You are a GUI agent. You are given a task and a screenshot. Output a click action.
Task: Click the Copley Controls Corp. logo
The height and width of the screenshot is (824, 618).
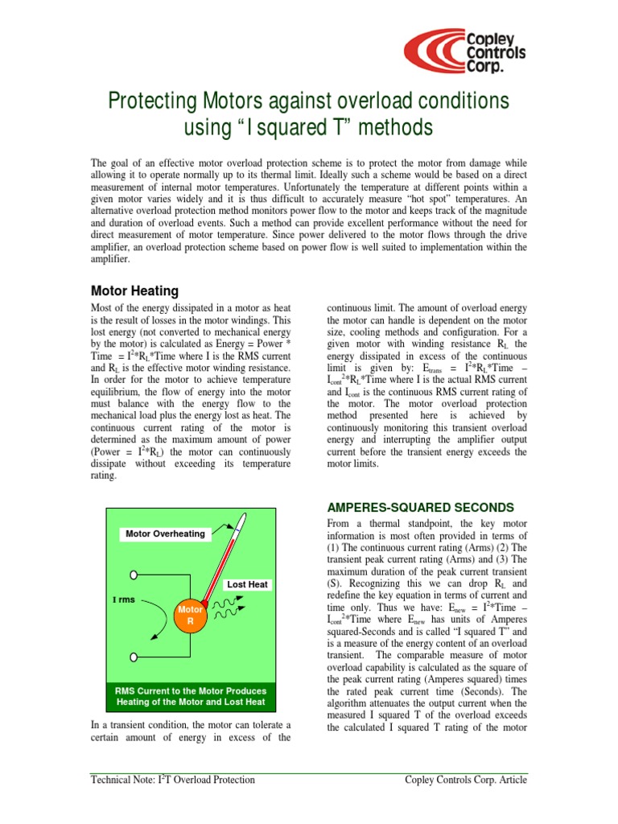(466, 49)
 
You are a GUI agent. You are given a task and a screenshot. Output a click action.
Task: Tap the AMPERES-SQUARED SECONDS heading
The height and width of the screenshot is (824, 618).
(419, 507)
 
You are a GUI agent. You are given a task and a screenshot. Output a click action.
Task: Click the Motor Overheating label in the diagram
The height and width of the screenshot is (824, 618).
(165, 534)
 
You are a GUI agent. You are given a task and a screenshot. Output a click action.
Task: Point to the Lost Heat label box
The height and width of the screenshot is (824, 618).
(247, 585)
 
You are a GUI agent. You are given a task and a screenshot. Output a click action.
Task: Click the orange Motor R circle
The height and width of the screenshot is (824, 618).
(191, 616)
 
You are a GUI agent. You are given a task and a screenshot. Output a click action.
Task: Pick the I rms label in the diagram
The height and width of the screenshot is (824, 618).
(124, 599)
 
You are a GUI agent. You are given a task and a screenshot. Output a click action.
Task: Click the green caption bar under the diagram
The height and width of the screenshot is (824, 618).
(191, 696)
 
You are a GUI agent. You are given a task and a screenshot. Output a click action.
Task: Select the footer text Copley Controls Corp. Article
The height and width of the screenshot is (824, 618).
(468, 780)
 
